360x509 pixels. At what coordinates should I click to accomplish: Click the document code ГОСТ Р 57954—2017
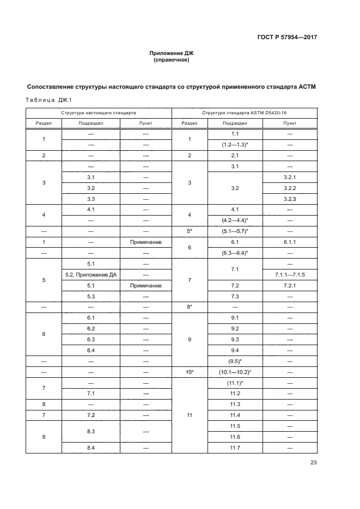click(286, 38)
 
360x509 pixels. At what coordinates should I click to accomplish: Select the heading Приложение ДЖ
click(172, 53)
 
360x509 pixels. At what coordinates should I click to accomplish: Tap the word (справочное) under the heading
click(172, 60)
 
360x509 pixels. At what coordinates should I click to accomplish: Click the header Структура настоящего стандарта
click(99, 112)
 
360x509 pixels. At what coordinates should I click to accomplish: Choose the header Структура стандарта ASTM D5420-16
click(245, 112)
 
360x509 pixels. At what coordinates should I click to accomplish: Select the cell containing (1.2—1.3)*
click(235, 145)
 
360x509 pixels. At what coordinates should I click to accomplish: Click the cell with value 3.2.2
click(290, 188)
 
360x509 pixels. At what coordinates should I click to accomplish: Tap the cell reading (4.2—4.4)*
click(235, 220)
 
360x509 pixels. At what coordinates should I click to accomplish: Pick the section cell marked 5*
click(190, 231)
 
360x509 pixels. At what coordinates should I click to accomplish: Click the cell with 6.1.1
click(290, 242)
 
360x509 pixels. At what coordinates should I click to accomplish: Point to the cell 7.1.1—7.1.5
click(290, 274)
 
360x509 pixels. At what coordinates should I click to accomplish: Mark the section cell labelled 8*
click(190, 307)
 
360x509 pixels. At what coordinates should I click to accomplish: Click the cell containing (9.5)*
click(235, 361)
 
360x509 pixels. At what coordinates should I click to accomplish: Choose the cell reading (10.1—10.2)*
click(235, 372)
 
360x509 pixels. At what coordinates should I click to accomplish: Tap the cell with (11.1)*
click(235, 383)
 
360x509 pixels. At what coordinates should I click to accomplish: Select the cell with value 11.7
click(235, 447)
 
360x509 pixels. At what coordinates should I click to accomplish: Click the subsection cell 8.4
click(91, 447)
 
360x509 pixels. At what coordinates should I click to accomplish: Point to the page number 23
click(313, 463)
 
